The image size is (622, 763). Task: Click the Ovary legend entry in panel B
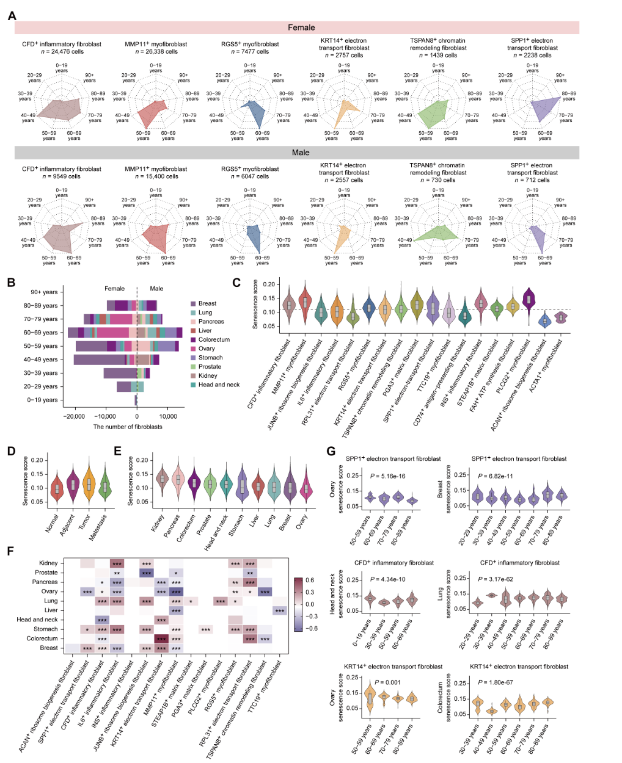[x=207, y=349]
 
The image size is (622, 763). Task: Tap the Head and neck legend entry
[x=219, y=385]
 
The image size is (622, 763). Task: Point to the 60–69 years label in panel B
[x=42, y=333]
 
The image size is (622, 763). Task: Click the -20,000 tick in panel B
[x=75, y=417]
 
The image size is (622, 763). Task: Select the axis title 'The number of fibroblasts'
[x=128, y=427]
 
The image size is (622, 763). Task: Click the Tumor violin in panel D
[x=89, y=485]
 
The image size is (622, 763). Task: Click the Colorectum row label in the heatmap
[x=43, y=638]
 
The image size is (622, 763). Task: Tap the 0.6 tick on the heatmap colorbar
[x=310, y=580]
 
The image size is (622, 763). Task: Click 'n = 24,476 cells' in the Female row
[x=62, y=52]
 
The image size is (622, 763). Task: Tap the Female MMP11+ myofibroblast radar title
[x=156, y=44]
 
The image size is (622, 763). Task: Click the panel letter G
[x=331, y=451]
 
